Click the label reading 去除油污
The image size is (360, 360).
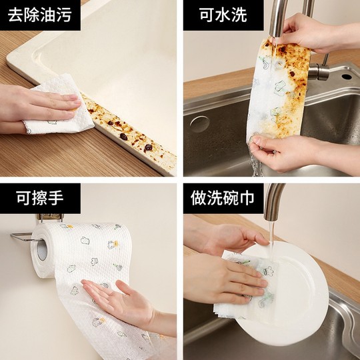click(40, 15)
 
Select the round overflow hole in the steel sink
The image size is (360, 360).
click(199, 124)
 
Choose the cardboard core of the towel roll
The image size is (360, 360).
click(41, 249)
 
